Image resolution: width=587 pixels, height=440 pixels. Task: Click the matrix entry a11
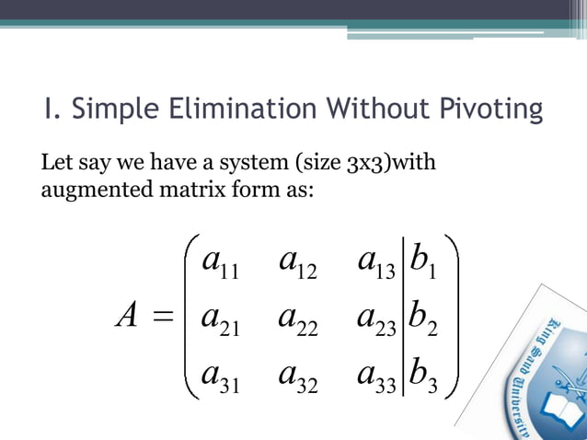tap(220, 265)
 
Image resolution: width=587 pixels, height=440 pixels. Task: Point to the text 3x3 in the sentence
tap(360, 166)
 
